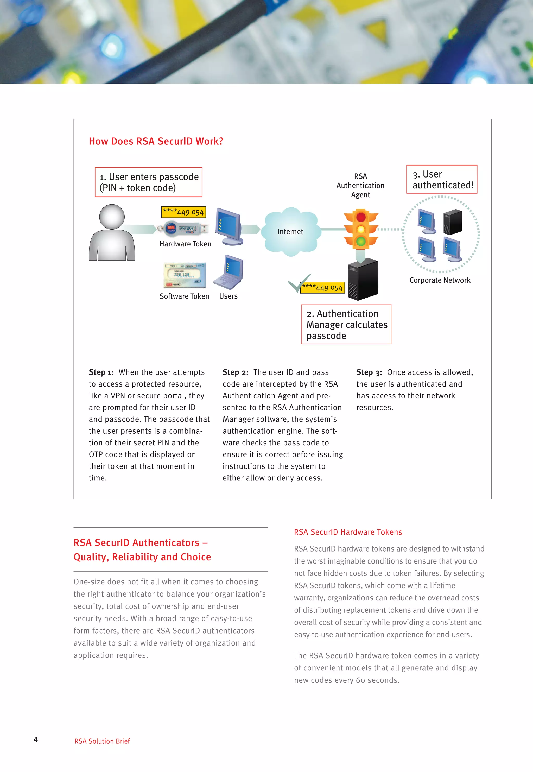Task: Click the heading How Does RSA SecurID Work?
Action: tap(156, 141)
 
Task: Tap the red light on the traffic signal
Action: tap(361, 217)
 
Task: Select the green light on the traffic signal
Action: tap(361, 241)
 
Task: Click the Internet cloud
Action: tap(290, 231)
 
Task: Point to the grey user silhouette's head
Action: tap(112, 217)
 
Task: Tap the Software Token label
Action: tap(184, 296)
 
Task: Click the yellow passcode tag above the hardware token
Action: tap(183, 212)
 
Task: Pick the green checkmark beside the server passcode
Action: tap(298, 283)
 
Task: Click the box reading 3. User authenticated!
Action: tap(441, 179)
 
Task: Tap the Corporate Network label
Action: tap(440, 280)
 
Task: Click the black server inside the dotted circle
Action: tap(453, 222)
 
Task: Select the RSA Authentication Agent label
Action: tap(360, 185)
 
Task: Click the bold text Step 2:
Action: tap(236, 372)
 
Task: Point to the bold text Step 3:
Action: tap(369, 372)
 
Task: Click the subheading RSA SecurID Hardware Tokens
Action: tap(348, 532)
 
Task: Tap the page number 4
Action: tap(36, 739)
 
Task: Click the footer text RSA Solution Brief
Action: tap(102, 741)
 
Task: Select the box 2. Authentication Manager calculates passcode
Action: tap(346, 324)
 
